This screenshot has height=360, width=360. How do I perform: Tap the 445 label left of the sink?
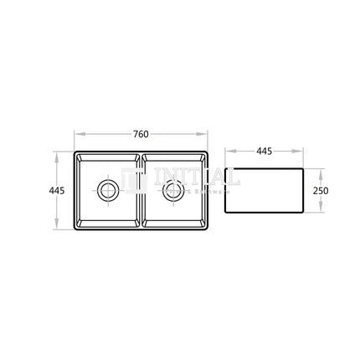(x=57, y=191)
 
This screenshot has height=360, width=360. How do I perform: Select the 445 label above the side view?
(x=264, y=152)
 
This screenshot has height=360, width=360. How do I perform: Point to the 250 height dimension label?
(x=320, y=191)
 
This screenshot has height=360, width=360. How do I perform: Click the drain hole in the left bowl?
(x=107, y=189)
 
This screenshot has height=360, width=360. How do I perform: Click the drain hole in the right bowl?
(x=174, y=189)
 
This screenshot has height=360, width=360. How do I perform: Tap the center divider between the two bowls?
(x=141, y=191)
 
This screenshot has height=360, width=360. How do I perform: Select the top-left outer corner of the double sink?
(x=75, y=152)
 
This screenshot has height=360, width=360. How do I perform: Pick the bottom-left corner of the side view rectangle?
(x=227, y=215)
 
